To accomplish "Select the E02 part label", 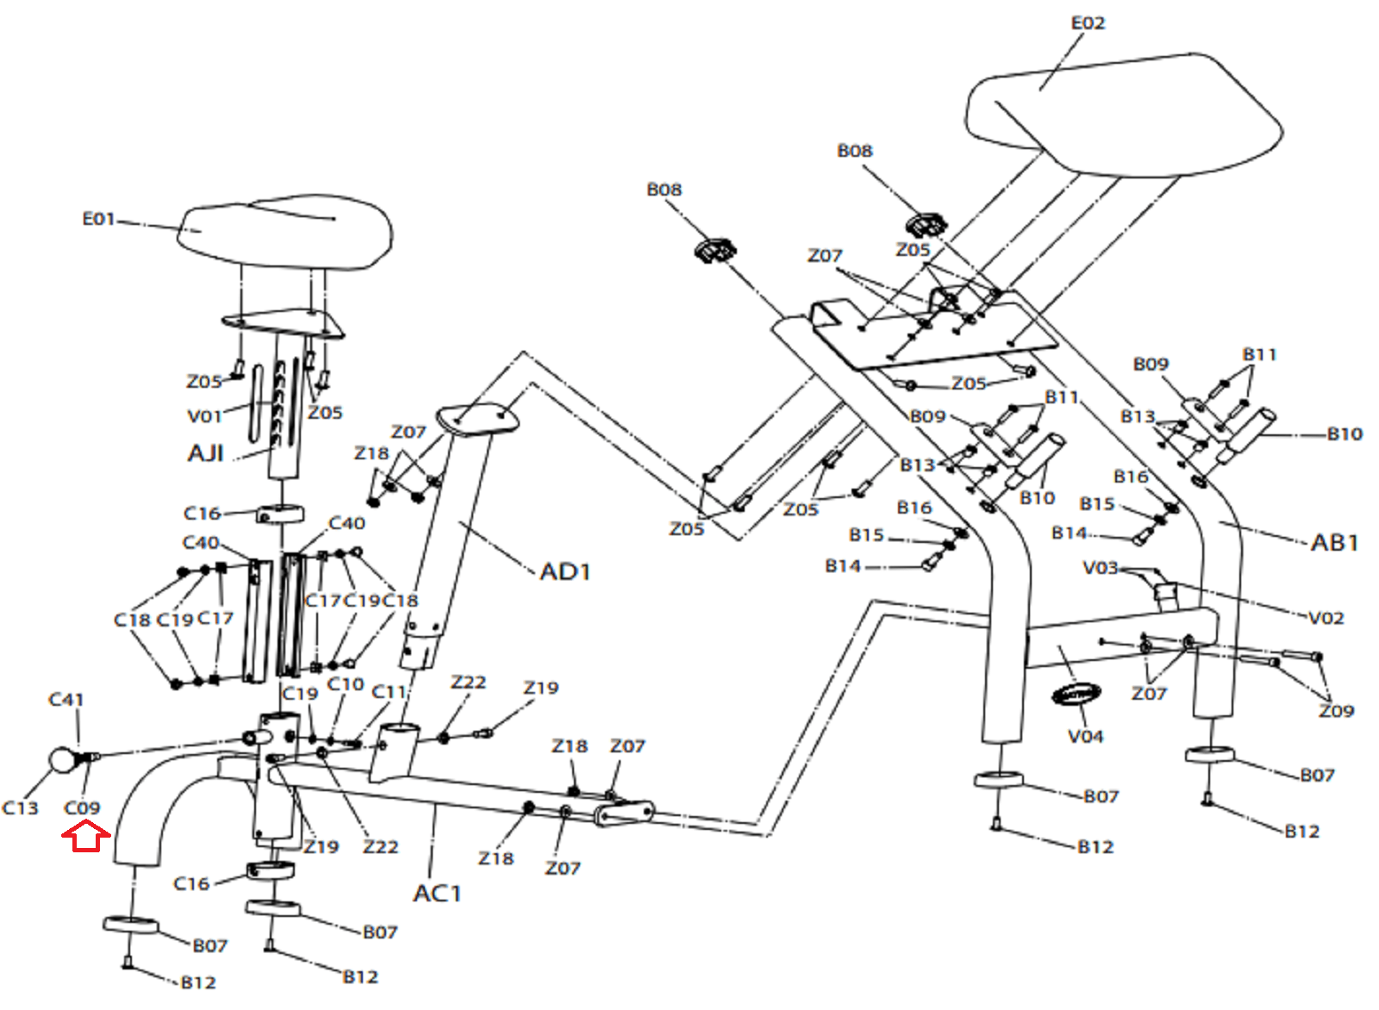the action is [1088, 23].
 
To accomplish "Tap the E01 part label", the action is [98, 219].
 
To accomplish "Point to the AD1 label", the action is [565, 572].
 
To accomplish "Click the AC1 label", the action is [437, 894].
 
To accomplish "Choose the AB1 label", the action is [1335, 543].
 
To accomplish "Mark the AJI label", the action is [206, 453].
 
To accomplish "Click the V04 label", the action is [1085, 736].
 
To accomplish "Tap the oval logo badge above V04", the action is [1076, 695].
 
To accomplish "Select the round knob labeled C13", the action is [63, 761].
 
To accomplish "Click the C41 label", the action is [66, 700].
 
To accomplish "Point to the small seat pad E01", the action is [285, 233].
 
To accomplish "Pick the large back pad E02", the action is [1124, 115].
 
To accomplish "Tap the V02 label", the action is [1326, 618].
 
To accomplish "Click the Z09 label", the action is [1337, 711].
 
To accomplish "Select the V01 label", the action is [204, 417].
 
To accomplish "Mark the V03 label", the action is [1100, 567].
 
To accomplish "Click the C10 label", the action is [346, 684].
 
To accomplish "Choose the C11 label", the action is [389, 692].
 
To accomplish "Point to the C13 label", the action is [21, 808].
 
